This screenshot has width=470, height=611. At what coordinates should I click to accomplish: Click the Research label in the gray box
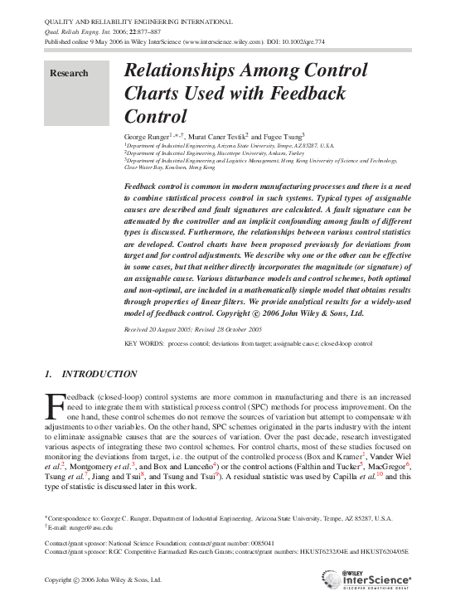coord(69,73)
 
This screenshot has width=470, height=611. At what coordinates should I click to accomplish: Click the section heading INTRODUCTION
coord(99,374)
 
